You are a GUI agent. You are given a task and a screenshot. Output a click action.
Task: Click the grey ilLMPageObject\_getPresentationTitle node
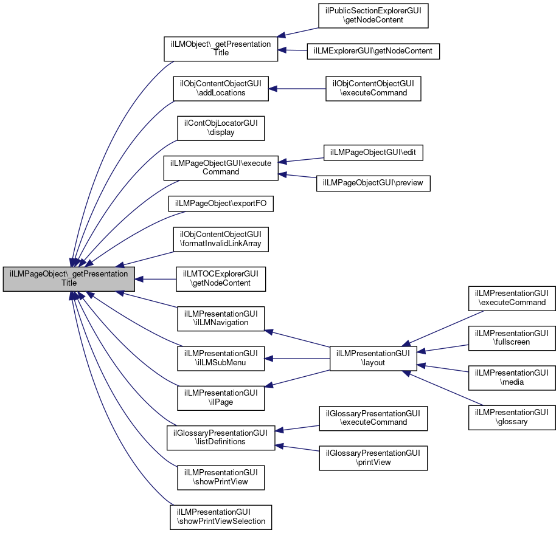[69, 279]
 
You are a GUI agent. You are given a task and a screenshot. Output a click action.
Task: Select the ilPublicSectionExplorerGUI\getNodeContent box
[373, 16]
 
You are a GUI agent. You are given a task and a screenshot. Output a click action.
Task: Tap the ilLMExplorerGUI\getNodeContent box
[373, 51]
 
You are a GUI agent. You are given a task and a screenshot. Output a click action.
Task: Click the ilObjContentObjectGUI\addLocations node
[221, 89]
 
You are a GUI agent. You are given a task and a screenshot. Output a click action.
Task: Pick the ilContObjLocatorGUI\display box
[221, 128]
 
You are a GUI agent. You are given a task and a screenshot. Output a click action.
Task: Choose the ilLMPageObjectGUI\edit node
[373, 153]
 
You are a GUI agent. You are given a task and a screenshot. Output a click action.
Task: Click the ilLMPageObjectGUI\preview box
[373, 183]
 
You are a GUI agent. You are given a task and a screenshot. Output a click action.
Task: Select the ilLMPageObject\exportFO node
[221, 204]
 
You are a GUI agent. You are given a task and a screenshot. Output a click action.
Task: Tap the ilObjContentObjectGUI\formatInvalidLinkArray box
[221, 239]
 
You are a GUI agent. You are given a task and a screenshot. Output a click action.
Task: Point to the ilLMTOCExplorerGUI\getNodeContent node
[221, 279]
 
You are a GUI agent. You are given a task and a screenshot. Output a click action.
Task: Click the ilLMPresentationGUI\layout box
[373, 359]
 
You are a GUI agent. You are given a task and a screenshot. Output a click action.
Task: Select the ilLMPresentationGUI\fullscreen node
[512, 338]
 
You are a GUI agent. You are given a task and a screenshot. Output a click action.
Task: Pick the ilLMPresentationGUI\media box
[512, 377]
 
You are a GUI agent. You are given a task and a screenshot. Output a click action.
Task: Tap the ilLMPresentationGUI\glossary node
[512, 418]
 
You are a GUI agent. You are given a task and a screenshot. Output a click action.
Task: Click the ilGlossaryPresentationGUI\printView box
[373, 458]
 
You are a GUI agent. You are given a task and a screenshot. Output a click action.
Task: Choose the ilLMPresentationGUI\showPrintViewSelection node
[221, 517]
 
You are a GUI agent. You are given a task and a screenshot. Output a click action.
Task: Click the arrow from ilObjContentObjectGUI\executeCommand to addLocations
[297, 89]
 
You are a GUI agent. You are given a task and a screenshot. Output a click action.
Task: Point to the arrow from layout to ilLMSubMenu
[297, 359]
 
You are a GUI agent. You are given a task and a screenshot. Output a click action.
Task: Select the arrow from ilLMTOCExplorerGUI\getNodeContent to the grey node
[156, 279]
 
